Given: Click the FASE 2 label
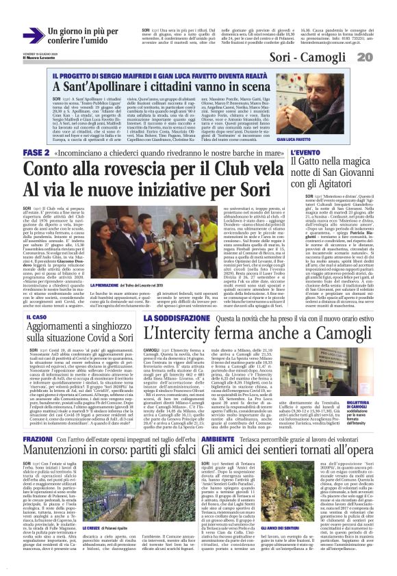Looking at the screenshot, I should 36,152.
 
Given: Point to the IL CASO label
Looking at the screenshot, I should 36,318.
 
